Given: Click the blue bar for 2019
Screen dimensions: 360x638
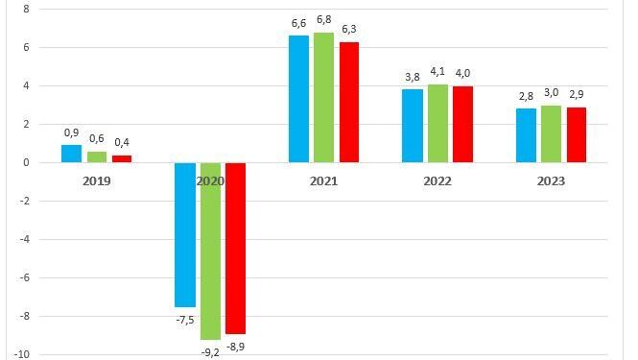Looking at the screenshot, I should (71, 154).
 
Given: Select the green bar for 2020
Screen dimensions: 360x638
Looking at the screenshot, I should (210, 251).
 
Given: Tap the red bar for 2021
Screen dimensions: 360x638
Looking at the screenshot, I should (348, 103).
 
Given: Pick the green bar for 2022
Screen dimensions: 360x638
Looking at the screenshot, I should (438, 123).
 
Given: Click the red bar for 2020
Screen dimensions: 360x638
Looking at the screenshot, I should (235, 248).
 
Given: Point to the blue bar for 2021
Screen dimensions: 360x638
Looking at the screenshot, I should (299, 99).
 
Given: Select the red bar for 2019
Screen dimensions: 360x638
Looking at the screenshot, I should (121, 158).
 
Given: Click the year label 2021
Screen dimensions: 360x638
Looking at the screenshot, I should (324, 180).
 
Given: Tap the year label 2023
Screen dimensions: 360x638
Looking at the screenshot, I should (551, 180).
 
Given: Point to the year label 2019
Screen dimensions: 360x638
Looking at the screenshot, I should (96, 180).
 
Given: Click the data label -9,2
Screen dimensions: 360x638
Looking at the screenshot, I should (210, 351).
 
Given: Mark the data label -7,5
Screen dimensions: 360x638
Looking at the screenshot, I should (185, 319).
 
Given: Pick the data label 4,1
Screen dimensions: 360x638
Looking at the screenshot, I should (438, 73).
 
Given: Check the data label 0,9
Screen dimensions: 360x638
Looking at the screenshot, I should (71, 132).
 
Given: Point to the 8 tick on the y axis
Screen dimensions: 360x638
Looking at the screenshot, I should (26, 9).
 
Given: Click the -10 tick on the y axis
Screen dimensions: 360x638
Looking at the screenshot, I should (22, 354).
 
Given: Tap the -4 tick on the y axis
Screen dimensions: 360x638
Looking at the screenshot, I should (24, 239).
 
